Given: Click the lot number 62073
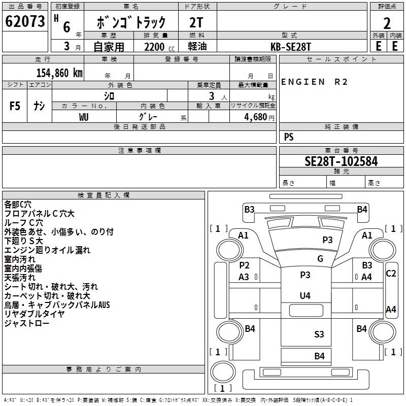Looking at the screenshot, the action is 25,21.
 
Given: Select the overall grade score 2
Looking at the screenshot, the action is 387,23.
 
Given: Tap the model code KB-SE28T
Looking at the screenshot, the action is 290,47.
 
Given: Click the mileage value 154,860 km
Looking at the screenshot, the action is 59,73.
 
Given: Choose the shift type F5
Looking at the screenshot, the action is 15,106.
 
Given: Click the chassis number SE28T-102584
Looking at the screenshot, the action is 341,161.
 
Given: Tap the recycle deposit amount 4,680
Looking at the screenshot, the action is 256,117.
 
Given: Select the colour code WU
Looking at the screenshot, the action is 84,117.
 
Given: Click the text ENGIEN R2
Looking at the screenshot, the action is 314,82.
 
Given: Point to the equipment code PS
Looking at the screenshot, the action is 289,137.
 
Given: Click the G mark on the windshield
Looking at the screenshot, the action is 320,258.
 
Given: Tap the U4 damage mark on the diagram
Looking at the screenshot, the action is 305,295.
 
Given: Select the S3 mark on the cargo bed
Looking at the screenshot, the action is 319,334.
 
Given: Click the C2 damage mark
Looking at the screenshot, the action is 391,274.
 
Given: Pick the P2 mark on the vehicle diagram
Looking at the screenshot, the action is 244,265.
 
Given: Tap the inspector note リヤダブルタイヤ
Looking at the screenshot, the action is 34,314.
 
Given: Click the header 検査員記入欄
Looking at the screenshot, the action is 104,195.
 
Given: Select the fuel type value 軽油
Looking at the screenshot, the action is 197,46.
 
